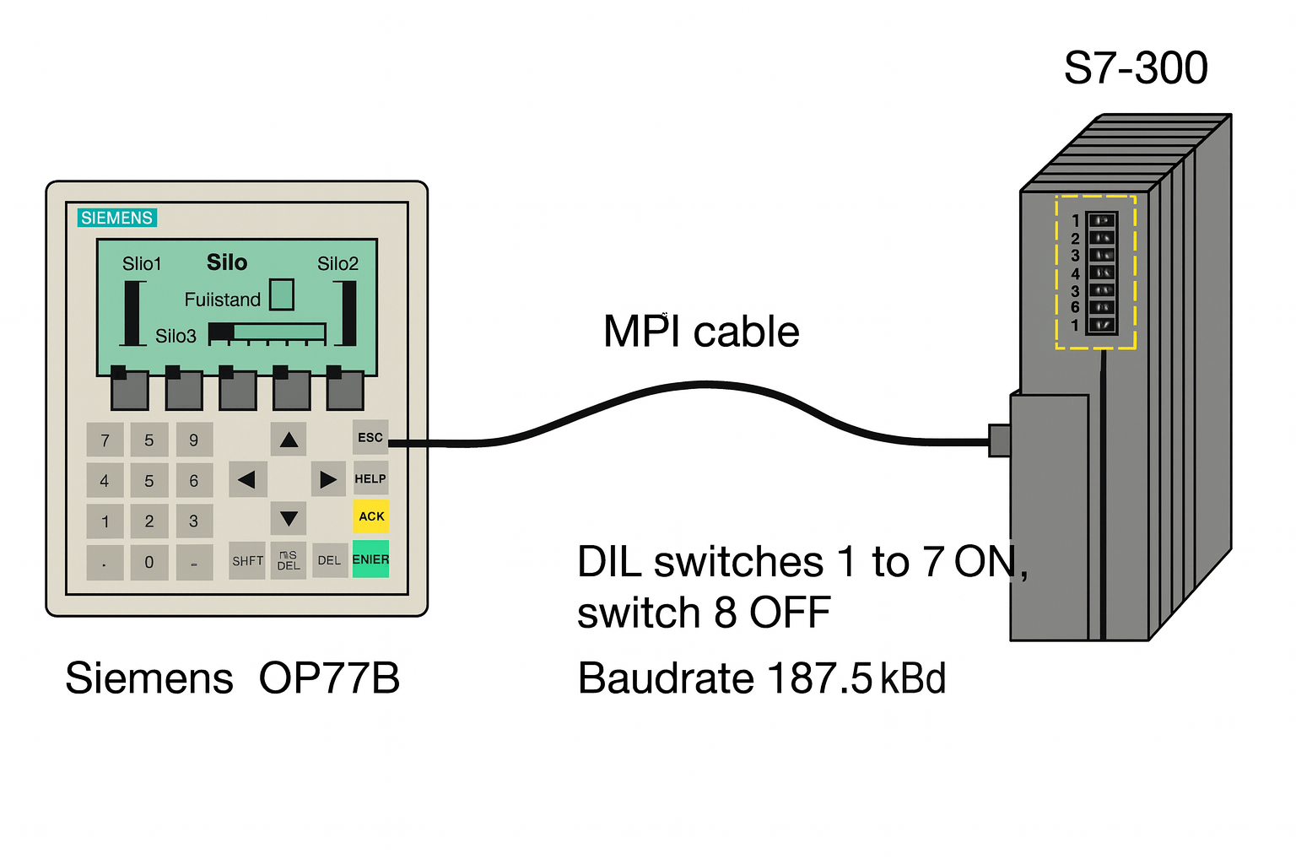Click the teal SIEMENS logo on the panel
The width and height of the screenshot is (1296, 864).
(117, 218)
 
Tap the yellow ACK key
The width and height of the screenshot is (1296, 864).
(371, 516)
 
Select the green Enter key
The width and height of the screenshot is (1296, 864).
(370, 559)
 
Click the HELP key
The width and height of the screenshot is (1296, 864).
(370, 478)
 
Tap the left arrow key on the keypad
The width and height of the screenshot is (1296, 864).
(247, 480)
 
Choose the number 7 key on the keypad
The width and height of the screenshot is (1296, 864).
(105, 440)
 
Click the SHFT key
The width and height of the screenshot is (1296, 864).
(247, 561)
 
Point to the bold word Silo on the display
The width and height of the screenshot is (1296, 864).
(227, 262)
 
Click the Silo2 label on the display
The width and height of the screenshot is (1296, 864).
(337, 264)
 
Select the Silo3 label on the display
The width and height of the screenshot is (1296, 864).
(175, 336)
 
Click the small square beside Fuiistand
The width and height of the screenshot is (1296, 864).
(282, 294)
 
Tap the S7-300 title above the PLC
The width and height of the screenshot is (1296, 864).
(1136, 67)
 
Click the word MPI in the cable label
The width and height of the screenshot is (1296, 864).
(641, 331)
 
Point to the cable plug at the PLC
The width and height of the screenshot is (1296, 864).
(999, 440)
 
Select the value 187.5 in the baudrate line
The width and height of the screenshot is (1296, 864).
(819, 678)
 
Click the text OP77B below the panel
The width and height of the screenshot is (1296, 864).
(329, 678)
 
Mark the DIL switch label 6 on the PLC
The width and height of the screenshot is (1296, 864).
(1075, 307)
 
